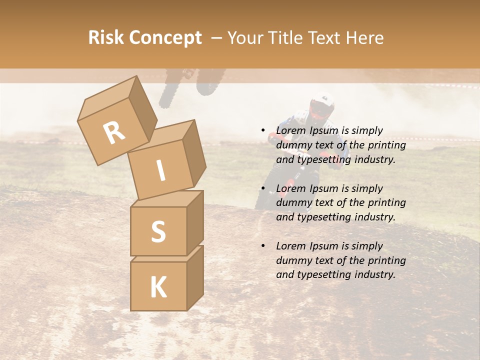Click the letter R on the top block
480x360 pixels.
tap(114, 133)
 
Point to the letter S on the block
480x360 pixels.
tap(158, 231)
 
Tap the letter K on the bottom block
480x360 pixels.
tap(158, 287)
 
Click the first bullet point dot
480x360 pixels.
tap(263, 131)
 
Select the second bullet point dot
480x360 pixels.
tap(263, 189)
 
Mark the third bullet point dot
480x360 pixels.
tap(263, 246)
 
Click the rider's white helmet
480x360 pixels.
tap(322, 102)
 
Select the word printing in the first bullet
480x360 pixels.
tap(387, 145)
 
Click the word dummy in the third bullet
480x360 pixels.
tap(292, 260)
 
